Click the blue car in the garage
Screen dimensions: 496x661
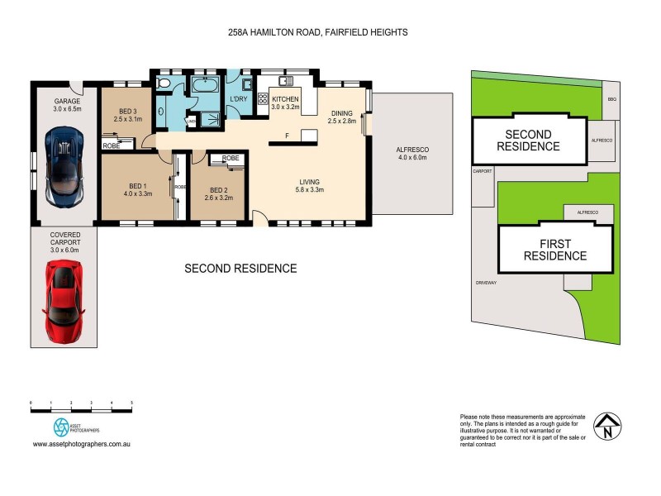click(64, 165)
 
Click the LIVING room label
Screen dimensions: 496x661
click(311, 186)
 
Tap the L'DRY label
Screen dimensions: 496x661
click(239, 100)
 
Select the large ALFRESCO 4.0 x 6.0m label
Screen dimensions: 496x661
click(414, 154)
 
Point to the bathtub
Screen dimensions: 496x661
click(203, 86)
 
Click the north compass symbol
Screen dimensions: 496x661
click(607, 427)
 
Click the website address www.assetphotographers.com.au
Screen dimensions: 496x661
click(83, 444)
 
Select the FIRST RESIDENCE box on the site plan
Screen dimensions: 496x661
click(555, 250)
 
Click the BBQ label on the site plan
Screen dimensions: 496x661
click(611, 98)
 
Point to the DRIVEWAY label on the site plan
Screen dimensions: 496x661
click(486, 282)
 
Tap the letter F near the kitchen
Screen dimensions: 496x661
click(287, 135)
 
